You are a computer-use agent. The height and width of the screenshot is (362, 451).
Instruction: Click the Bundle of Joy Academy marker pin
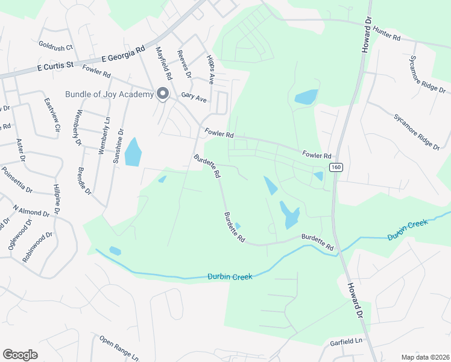pyautogui.click(x=162, y=94)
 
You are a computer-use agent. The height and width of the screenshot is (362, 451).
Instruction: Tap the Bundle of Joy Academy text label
pyautogui.click(x=110, y=94)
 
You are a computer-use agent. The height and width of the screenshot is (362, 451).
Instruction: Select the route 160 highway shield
pyautogui.click(x=336, y=167)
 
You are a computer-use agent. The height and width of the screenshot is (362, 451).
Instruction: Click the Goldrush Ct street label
pyautogui.click(x=55, y=46)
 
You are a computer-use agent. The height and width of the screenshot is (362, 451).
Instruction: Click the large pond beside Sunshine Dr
pyautogui.click(x=133, y=152)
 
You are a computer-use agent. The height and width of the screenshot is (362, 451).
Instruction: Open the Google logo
pyautogui.click(x=20, y=355)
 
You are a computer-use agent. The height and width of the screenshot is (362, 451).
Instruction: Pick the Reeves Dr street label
pyautogui.click(x=184, y=65)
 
